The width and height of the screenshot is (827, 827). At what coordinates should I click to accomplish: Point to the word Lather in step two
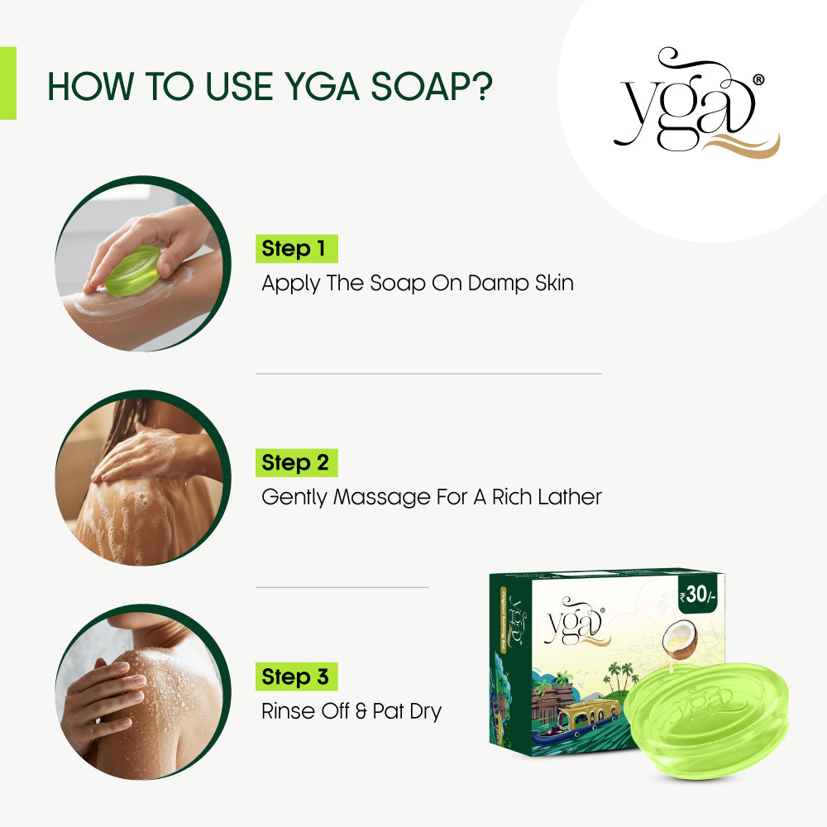(x=570, y=497)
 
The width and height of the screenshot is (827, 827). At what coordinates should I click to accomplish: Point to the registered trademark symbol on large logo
(x=758, y=80)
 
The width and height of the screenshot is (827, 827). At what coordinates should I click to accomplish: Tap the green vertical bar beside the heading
(x=7, y=83)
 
